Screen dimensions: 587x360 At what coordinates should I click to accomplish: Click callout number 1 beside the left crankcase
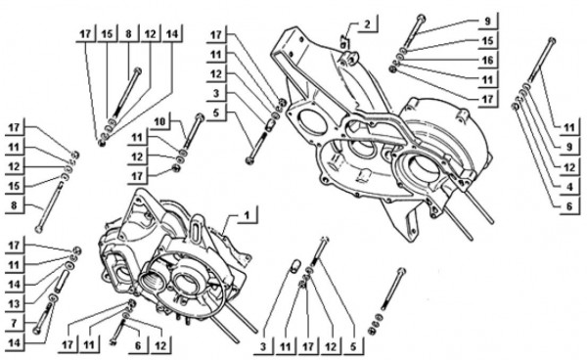247,215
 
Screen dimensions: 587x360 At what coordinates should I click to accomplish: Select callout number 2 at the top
367,24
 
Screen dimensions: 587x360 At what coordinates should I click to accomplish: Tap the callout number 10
159,121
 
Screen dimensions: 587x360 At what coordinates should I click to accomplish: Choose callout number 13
14,303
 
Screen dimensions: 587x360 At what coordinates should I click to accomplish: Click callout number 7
14,323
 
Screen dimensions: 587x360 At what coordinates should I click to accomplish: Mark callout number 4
569,187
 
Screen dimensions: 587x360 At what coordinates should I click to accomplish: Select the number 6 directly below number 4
569,206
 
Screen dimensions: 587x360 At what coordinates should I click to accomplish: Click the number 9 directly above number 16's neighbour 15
487,21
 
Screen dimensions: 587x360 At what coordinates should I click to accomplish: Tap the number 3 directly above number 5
216,93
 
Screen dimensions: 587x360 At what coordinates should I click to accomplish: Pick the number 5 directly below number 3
216,112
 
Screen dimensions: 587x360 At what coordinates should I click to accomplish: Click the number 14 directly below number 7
14,342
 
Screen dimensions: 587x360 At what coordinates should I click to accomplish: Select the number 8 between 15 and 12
128,34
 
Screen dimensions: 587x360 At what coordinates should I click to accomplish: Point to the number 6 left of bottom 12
138,345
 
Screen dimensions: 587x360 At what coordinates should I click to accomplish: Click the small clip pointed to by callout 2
343,40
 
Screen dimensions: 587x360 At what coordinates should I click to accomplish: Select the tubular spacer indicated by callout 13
63,282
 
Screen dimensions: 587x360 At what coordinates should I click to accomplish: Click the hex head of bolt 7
37,331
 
